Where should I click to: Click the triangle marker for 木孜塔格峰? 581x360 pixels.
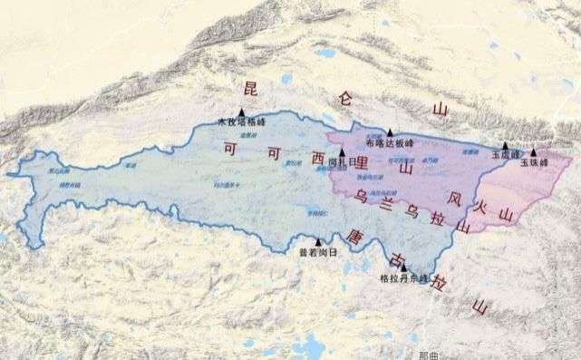point(243,112)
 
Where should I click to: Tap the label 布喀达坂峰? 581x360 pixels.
point(389,143)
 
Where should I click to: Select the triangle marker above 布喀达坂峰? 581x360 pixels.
point(390,132)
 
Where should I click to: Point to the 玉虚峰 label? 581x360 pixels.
point(504,155)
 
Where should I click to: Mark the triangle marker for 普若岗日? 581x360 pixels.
point(318,241)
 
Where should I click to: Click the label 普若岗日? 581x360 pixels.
point(317,252)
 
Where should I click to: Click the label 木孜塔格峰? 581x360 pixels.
point(241,122)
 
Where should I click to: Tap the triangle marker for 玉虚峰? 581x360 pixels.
point(505,145)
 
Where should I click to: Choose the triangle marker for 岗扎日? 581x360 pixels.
point(343,152)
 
